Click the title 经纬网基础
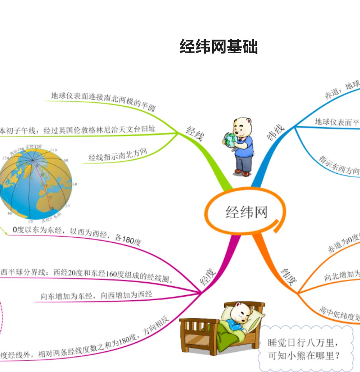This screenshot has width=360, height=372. tap(218, 47)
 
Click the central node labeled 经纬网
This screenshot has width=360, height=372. tap(246, 212)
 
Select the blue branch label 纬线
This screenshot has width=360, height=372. tap(275, 132)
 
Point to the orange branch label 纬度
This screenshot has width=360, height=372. tap(289, 276)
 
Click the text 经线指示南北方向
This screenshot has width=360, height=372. tap(118, 155)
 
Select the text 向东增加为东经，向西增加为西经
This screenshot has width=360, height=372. tap(96, 296)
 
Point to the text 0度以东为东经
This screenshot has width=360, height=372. tap(38, 230)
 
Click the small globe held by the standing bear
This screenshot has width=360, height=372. tap(230, 140)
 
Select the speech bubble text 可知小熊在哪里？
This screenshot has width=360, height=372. tap(304, 356)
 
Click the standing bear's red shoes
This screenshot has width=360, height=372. tap(242, 172)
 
